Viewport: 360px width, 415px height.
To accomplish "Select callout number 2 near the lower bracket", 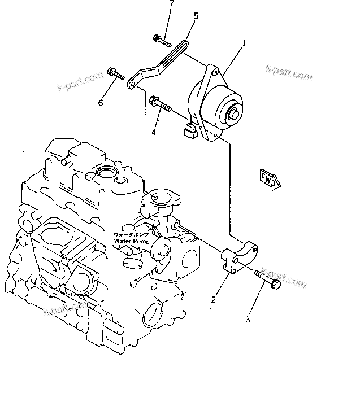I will (213, 300).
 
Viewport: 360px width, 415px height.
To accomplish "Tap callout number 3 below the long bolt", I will (247, 321).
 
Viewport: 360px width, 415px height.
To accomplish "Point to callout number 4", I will (153, 133).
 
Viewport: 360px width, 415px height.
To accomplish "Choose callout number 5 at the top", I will (196, 16).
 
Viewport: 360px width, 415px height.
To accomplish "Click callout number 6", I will (101, 102).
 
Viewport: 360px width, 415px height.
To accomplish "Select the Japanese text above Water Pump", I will (133, 234).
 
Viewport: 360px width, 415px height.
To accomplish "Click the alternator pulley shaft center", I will (232, 116).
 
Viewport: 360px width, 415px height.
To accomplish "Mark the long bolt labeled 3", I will (267, 279).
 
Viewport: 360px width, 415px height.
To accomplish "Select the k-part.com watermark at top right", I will (289, 73).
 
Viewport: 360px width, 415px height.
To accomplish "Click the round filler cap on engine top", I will (106, 172).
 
